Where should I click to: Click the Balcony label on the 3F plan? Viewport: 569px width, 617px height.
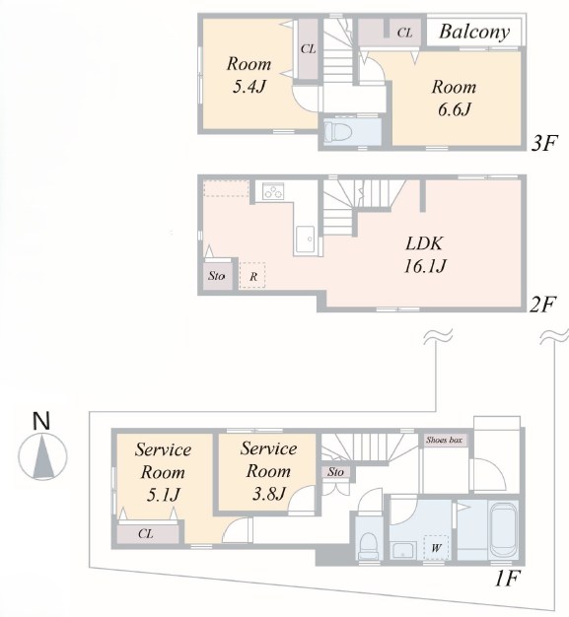(x=474, y=32)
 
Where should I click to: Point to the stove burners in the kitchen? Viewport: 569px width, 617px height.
(x=273, y=191)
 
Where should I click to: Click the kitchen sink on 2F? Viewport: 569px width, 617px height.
(x=305, y=240)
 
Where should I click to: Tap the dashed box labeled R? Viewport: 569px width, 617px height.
(x=252, y=275)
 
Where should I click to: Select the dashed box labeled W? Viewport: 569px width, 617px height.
(x=436, y=547)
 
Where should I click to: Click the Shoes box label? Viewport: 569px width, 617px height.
(x=444, y=440)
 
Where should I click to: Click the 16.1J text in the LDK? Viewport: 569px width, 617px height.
(x=425, y=266)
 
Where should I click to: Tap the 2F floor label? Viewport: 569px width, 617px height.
(x=542, y=305)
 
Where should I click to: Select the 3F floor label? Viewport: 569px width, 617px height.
(x=544, y=143)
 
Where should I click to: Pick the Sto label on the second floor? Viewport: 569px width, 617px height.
(x=217, y=276)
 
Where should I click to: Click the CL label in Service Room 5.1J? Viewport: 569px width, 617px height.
(x=146, y=533)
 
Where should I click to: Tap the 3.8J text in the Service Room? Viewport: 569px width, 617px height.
(x=268, y=493)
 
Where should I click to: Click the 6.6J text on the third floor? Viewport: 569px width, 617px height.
(x=455, y=109)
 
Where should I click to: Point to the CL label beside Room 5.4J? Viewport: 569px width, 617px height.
(x=309, y=49)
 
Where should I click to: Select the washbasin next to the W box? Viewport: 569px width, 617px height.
(x=402, y=550)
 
